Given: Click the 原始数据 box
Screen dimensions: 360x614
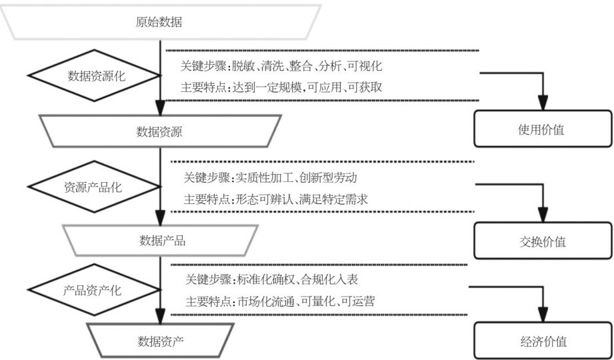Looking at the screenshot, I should coord(160,21).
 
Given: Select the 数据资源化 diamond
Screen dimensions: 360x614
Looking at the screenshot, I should coord(96,76).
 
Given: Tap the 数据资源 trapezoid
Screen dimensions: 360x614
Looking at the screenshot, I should coord(161,131).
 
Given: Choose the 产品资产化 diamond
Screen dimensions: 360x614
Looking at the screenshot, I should coord(96,291).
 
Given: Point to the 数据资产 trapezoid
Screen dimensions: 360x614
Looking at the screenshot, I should coord(161,341).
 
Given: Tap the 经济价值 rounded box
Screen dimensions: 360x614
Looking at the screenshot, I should coord(541,342).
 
